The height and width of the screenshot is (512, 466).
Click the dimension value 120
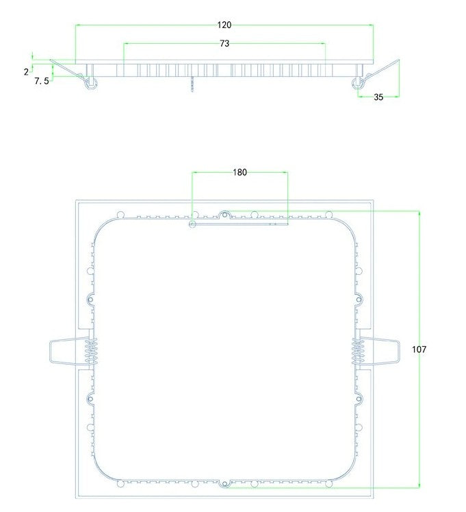coord(224,25)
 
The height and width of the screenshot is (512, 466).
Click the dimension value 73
coord(224,43)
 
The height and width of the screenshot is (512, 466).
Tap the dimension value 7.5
coord(41,81)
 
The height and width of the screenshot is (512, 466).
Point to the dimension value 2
coord(26,71)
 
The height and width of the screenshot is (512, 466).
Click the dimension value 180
coord(240,172)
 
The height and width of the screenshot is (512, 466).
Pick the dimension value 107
coord(419,349)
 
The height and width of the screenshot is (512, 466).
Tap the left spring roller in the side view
coord(90,84)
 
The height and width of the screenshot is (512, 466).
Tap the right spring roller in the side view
coord(357,84)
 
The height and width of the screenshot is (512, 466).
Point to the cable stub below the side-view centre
coord(194,83)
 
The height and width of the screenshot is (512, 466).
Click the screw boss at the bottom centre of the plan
coord(224,484)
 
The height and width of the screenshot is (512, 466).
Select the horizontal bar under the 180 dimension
coord(239,223)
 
